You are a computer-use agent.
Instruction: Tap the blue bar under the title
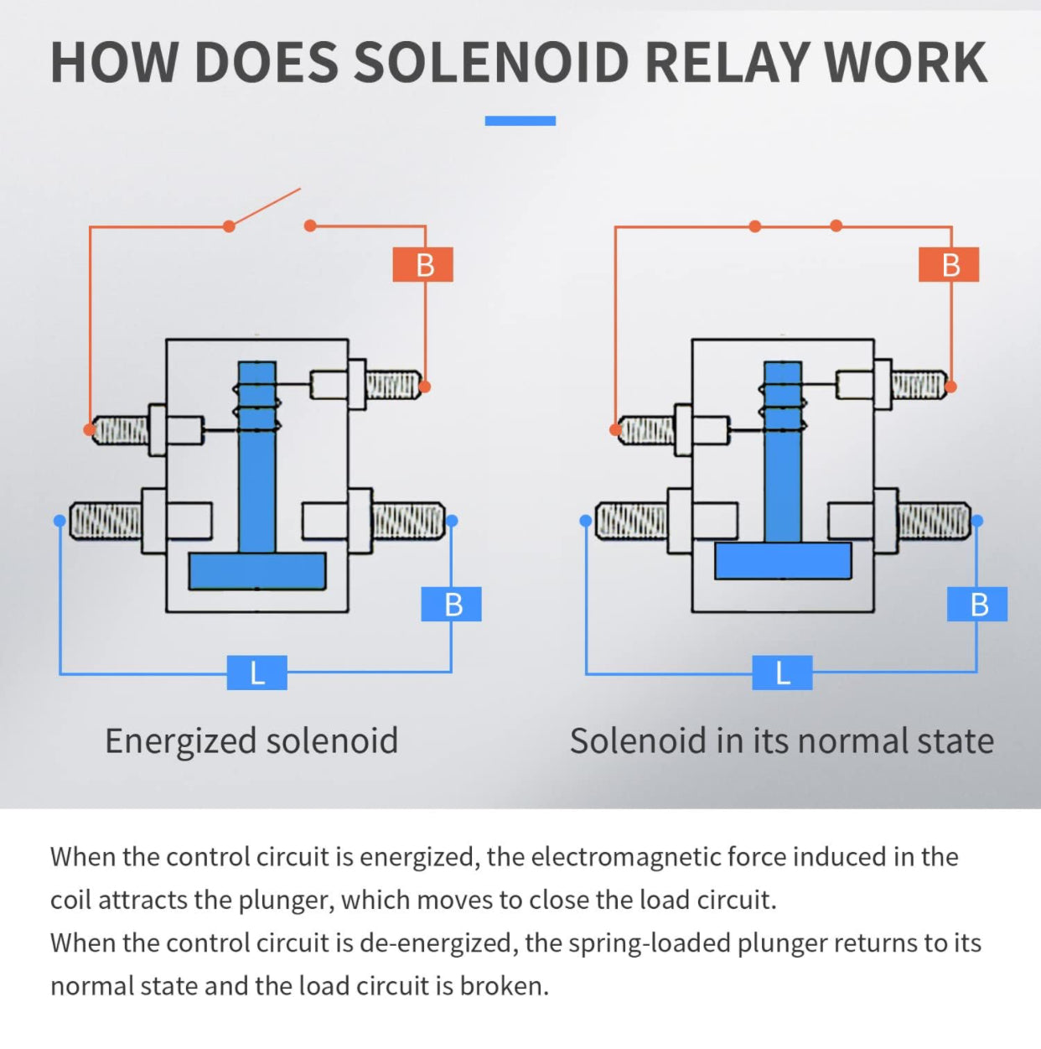[x=520, y=121]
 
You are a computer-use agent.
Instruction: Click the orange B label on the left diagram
[x=423, y=264]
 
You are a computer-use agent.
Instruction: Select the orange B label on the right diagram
[x=949, y=264]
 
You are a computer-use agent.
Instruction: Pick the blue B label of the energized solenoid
[x=452, y=604]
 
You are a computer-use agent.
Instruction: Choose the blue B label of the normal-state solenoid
[x=977, y=604]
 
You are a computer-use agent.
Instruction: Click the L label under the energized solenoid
[x=256, y=673]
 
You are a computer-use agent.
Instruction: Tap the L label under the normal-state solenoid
[x=782, y=673]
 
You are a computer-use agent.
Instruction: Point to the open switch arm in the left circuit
[x=265, y=207]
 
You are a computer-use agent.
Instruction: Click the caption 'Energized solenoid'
[x=251, y=740]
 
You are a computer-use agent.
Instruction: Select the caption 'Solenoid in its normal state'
[x=781, y=740]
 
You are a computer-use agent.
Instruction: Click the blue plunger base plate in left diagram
[x=257, y=571]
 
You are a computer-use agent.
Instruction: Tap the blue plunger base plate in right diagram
[x=783, y=561]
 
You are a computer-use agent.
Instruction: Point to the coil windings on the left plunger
[x=256, y=408]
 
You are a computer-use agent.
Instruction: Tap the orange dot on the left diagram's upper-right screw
[x=425, y=387]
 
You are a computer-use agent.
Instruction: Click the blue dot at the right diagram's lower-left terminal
[x=586, y=521]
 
